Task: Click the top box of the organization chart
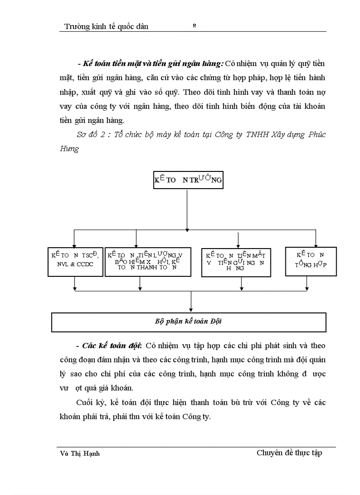(188, 179)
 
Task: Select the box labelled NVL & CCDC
(75, 262)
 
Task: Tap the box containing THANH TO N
(147, 262)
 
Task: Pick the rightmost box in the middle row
(311, 261)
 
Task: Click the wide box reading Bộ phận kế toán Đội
(188, 322)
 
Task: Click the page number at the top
(194, 26)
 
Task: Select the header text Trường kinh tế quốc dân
(106, 26)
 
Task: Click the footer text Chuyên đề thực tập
(289, 453)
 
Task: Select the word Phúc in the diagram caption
(317, 135)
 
